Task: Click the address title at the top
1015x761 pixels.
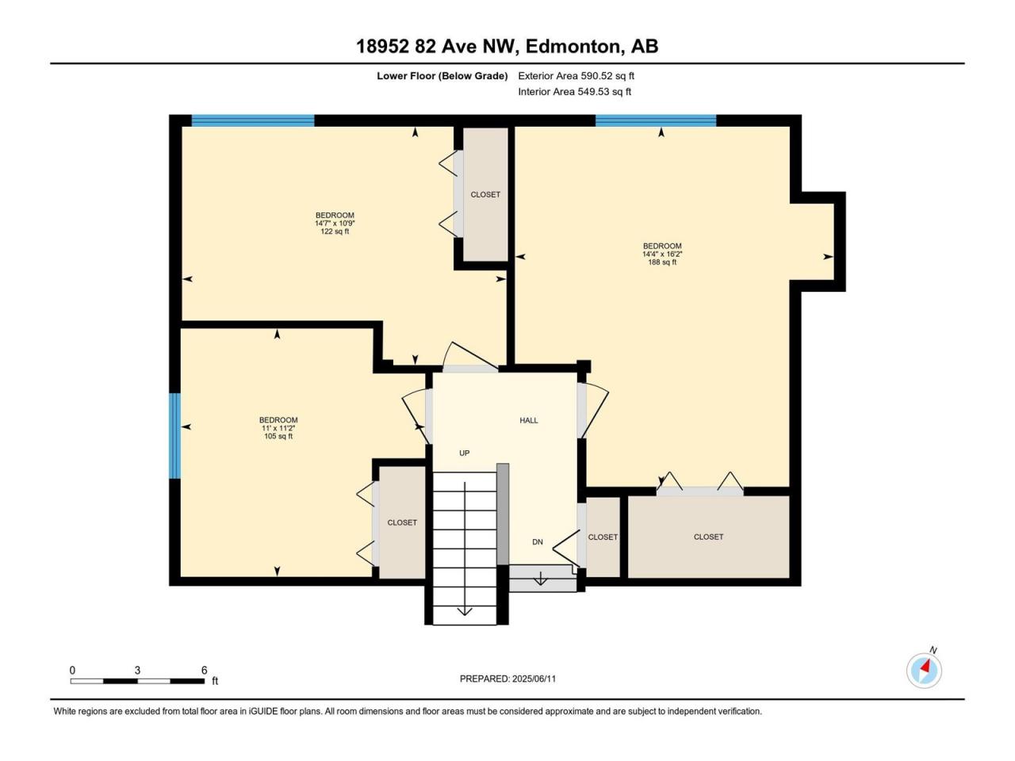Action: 507,47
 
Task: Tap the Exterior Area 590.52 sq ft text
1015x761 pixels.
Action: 576,76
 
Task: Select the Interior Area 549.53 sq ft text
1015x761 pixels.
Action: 574,91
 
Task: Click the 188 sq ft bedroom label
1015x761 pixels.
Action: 662,254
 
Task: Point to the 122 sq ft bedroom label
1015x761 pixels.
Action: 335,224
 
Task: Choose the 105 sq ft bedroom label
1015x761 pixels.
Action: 278,428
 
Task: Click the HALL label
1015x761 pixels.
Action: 529,420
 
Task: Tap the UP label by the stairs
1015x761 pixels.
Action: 464,453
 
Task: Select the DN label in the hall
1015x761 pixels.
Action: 538,542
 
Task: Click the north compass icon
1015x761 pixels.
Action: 924,670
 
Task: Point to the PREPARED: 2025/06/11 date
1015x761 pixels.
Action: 507,679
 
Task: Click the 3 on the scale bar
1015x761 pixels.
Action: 137,670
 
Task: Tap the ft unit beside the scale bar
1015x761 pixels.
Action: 215,681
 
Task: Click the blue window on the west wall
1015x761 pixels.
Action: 174,436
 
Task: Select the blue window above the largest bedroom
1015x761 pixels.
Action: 656,120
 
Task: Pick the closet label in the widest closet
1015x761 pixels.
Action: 708,537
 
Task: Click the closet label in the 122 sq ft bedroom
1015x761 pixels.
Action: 485,194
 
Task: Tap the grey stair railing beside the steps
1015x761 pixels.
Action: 503,514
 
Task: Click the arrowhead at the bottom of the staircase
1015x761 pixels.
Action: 464,612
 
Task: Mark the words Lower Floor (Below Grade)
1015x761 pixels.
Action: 442,76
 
